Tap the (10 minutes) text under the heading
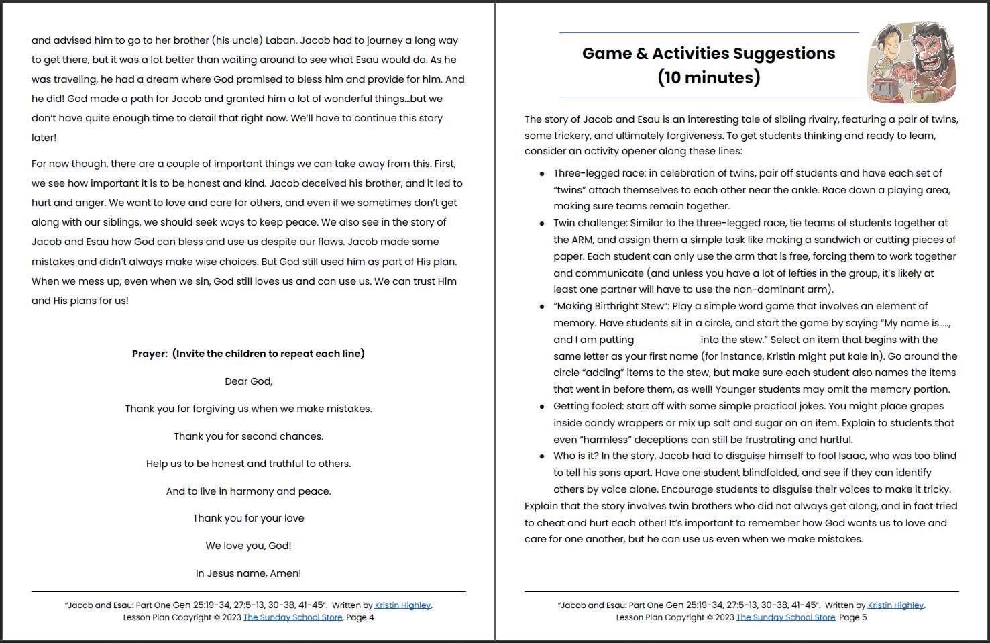point(709,78)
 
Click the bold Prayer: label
point(150,354)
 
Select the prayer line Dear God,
point(248,381)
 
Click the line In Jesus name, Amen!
point(248,573)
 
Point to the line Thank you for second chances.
point(248,436)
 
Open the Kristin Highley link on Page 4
point(402,605)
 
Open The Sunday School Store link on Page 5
point(785,617)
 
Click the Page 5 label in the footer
point(852,617)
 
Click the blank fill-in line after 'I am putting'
point(667,340)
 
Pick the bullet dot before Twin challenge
point(542,224)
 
